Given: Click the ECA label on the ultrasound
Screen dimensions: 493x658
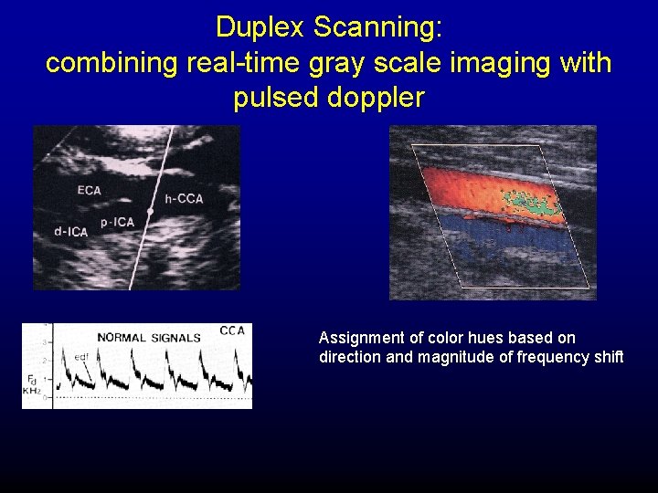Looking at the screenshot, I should tap(89, 191).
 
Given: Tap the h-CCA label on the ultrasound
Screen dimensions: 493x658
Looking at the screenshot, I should tap(184, 199).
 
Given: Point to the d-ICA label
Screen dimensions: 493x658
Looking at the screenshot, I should tap(70, 232).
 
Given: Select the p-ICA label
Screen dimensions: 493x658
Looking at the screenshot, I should tap(118, 222).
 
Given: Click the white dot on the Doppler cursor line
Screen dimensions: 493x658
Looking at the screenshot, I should tap(150, 212).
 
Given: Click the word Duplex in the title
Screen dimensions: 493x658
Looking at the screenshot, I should tap(260, 27).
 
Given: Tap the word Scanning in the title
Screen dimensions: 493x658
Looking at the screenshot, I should tap(377, 27).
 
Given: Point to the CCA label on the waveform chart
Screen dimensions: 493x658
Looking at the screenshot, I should tap(232, 330).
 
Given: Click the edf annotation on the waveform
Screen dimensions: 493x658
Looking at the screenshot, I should tap(81, 355).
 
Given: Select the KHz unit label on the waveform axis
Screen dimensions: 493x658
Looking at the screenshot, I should tap(31, 390).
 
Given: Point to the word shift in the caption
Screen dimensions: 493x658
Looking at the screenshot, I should tap(608, 357).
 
